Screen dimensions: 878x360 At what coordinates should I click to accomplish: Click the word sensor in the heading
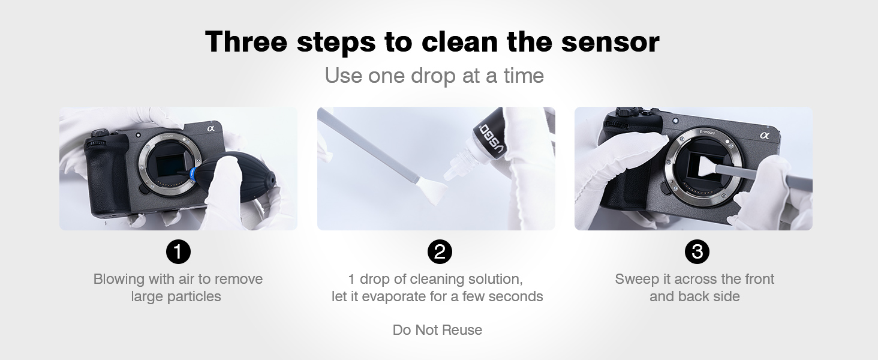click(611, 42)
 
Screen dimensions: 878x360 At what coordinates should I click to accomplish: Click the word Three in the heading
click(246, 41)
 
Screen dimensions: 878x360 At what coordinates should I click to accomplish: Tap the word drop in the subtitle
click(434, 76)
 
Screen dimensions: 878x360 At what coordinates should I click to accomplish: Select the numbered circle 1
click(178, 251)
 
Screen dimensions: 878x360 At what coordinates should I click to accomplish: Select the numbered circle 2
click(440, 251)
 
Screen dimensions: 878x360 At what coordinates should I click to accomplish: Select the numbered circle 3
click(697, 251)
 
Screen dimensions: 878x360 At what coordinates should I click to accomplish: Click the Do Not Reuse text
click(437, 330)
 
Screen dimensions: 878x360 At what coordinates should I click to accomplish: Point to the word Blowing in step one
click(119, 280)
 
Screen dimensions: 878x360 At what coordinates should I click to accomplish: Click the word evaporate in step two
click(394, 296)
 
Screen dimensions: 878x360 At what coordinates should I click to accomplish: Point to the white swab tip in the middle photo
click(432, 192)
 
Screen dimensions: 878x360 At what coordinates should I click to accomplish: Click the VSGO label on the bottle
click(491, 138)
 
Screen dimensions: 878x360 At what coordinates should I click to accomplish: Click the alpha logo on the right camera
click(765, 135)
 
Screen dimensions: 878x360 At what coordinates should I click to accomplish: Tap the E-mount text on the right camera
click(707, 133)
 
